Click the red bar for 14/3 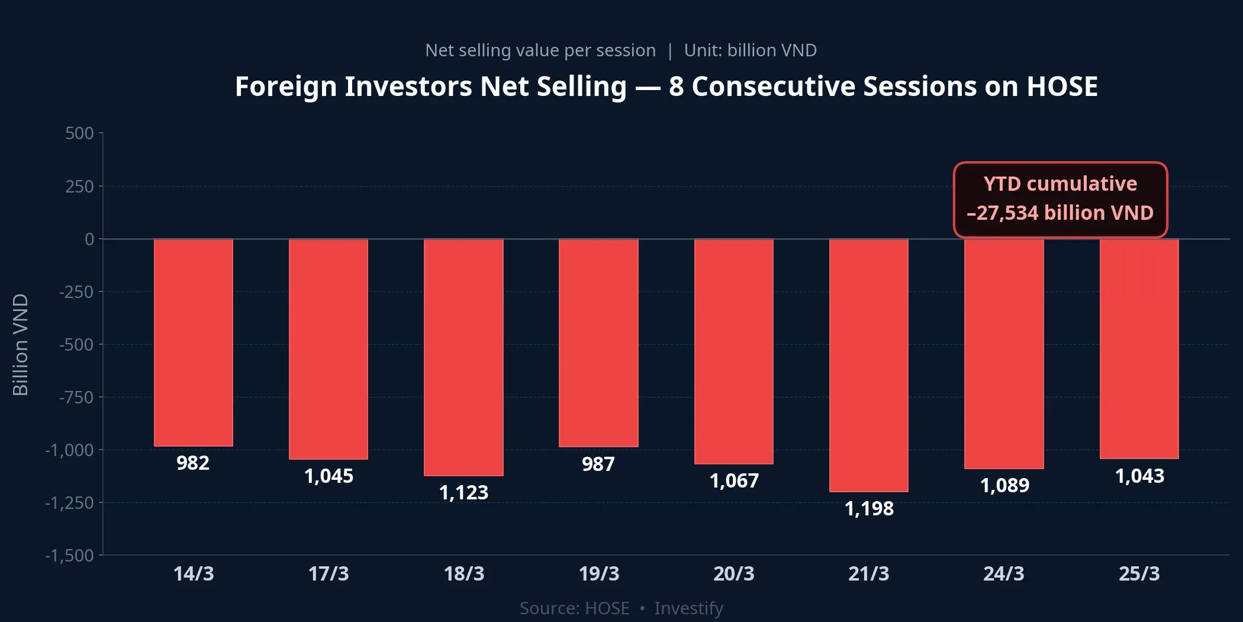coord(194,342)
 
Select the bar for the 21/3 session coord(868,365)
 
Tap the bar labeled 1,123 coord(463,357)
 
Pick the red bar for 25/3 coord(1139,349)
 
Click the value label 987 coord(598,464)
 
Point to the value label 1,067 coord(734,480)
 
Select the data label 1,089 coord(1004,485)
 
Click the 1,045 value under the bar coord(329,476)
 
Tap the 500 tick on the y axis coord(79,133)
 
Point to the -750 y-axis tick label coord(76,397)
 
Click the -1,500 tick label coord(69,555)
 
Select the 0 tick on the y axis coord(89,239)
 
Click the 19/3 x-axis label coord(598,573)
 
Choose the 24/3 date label coord(1004,573)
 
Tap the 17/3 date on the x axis coord(329,573)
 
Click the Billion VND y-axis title coord(20,344)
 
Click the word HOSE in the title coord(1062,86)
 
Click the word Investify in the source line coord(688,608)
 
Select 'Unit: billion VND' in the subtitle coord(750,50)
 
